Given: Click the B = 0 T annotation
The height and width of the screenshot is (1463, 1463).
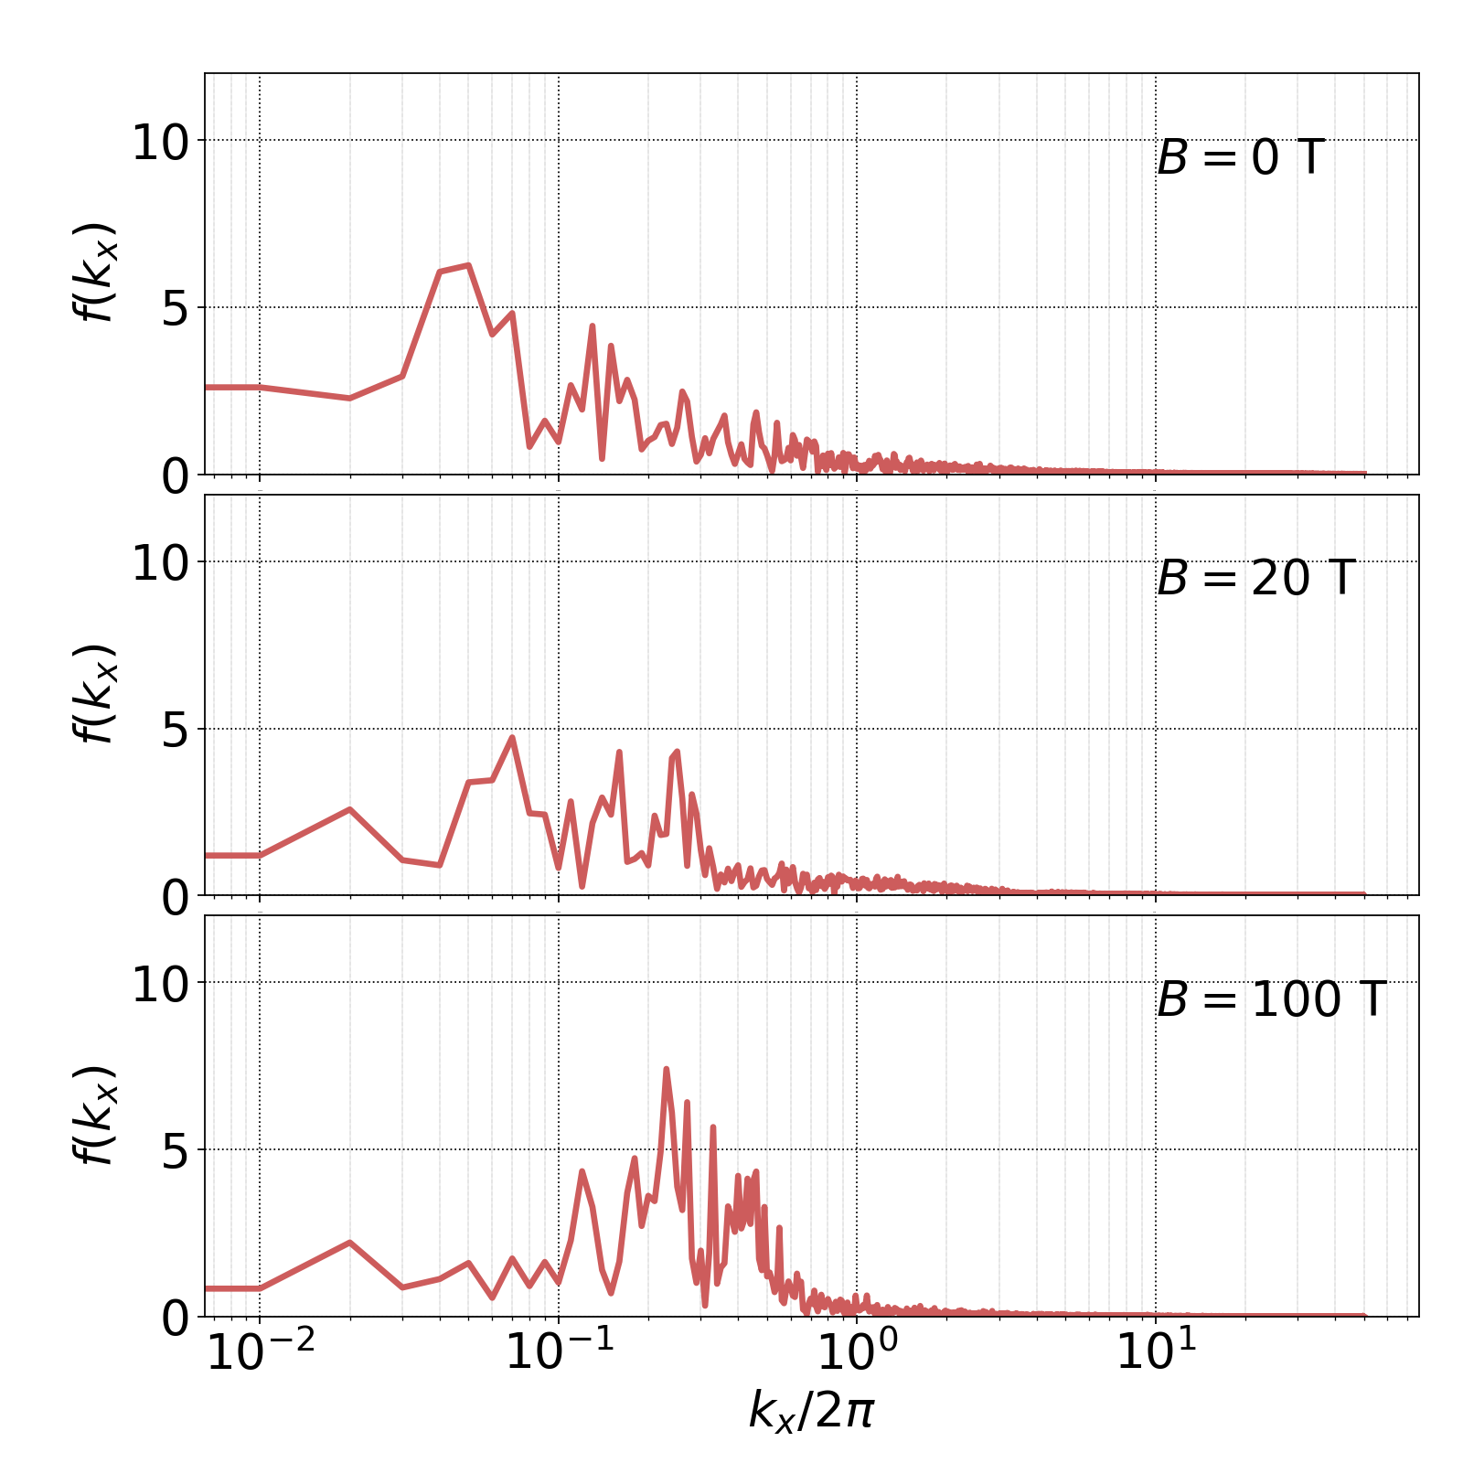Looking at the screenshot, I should click(x=1240, y=158).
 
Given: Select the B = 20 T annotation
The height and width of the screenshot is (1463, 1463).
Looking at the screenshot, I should click(x=1255, y=579).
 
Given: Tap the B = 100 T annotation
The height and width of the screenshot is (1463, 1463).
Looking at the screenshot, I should click(x=1271, y=999).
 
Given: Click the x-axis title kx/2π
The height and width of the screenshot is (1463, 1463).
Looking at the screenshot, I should click(x=811, y=1410).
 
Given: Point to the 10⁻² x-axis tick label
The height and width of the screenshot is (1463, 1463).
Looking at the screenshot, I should click(x=262, y=1352).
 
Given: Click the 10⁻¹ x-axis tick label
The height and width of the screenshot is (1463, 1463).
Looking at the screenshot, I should click(x=560, y=1352).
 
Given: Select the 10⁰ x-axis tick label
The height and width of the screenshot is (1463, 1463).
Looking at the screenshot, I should click(x=858, y=1352).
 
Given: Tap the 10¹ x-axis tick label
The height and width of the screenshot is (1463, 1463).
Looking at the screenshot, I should click(x=1157, y=1352).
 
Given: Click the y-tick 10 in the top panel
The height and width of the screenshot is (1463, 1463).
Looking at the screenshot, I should click(x=160, y=144).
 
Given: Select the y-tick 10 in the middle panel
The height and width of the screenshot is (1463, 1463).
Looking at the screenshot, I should click(x=160, y=564).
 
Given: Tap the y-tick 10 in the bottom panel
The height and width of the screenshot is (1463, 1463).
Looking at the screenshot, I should click(x=160, y=986).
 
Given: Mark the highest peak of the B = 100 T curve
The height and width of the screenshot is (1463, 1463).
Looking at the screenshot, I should click(x=666, y=1068).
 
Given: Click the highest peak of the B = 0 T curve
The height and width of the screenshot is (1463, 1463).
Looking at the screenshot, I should click(x=468, y=265).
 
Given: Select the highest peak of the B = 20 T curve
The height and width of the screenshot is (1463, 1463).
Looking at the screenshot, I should click(x=512, y=737).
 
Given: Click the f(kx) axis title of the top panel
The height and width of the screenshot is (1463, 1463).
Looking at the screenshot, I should click(x=95, y=272).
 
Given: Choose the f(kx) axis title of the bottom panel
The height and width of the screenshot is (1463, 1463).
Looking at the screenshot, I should click(x=95, y=1115).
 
